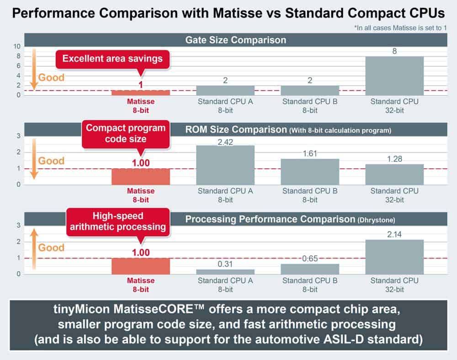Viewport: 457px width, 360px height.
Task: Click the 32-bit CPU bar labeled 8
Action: [394, 75]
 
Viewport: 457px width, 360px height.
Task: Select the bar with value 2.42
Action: [225, 165]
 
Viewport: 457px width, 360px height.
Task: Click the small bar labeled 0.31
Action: [225, 271]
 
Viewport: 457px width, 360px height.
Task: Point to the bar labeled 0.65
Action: [310, 269]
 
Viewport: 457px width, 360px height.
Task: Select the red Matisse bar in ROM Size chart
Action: [141, 177]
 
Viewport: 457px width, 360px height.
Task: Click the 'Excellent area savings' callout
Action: [112, 59]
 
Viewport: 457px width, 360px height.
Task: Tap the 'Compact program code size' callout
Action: [119, 134]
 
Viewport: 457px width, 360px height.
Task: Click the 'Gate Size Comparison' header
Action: [235, 40]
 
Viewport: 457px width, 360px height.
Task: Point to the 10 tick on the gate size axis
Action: [17, 46]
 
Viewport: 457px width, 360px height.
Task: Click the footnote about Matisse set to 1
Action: [400, 28]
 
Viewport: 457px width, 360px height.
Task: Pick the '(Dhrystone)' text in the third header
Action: [375, 220]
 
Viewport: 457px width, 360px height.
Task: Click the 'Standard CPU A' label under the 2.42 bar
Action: [225, 191]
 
